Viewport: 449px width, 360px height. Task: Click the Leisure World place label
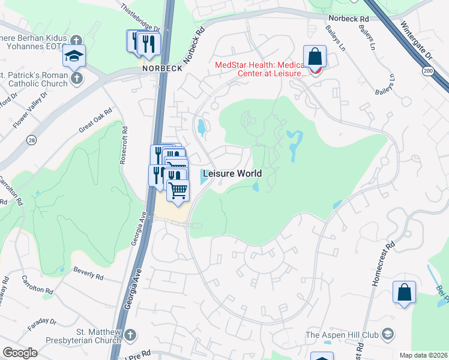coord(232,173)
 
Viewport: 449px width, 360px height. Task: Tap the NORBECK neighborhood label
coord(161,68)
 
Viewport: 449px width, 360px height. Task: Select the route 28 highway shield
coord(30,140)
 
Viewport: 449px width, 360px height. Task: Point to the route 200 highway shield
coord(443,71)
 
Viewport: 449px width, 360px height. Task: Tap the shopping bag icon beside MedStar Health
coord(315,58)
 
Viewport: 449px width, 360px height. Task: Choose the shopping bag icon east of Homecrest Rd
coord(405,292)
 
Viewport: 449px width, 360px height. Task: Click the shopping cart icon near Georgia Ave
coord(178,191)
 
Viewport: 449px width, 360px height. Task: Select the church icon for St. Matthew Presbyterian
coord(131,334)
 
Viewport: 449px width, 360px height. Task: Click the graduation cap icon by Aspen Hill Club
coord(388,334)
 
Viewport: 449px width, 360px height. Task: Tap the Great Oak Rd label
coord(95,121)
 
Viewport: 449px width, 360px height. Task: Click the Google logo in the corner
coord(20,352)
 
